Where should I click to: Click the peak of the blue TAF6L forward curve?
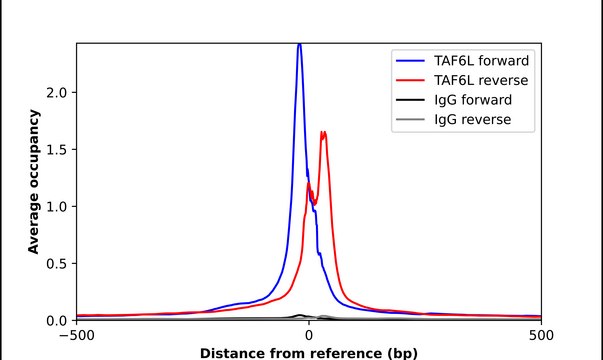300,45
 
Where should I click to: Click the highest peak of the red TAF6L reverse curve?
323,133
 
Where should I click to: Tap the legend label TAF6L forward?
481,61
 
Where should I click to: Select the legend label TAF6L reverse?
481,80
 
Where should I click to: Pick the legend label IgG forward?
473,100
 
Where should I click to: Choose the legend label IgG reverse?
473,120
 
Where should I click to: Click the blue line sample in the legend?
410,61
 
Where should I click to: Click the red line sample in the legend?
410,80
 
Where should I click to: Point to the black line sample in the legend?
410,100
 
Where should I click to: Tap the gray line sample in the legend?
410,120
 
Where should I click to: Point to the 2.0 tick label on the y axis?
57,93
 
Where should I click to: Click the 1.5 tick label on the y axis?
57,150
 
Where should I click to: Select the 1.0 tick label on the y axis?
57,207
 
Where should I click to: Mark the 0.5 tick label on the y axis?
57,263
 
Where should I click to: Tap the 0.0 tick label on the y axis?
57,320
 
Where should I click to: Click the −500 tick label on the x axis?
77,335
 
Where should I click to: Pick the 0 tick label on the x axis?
309,335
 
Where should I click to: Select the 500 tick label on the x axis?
541,335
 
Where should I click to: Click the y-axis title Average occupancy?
33,182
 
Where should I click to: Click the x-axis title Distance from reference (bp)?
309,353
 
